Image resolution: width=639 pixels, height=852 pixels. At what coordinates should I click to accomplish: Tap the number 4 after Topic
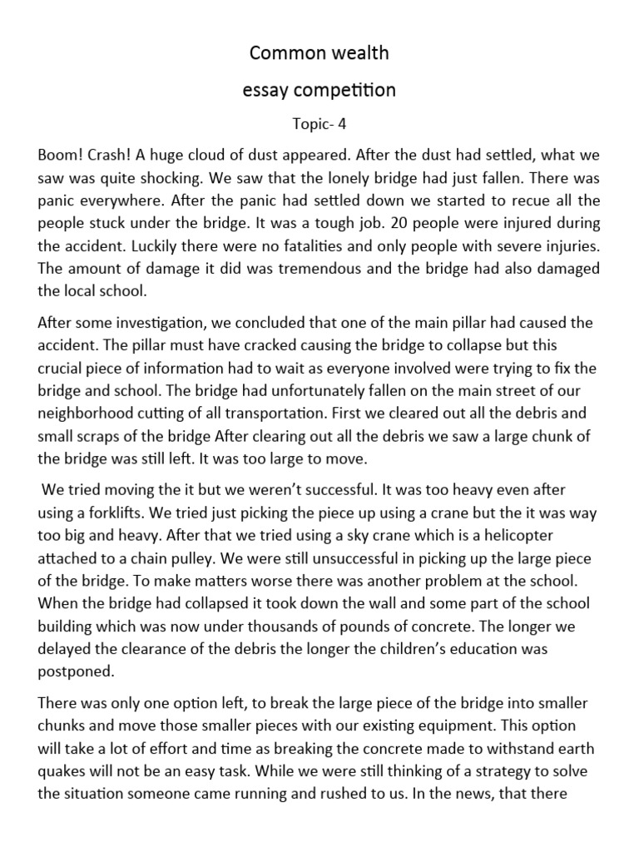tap(340, 124)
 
